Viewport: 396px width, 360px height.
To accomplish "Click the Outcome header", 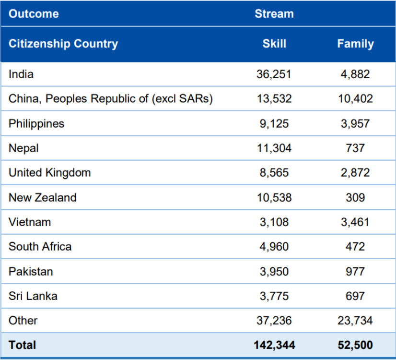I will point(34,13).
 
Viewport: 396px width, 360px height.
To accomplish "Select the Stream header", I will point(274,13).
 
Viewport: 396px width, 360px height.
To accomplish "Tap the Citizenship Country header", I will point(63,44).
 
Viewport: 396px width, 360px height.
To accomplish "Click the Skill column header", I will point(274,44).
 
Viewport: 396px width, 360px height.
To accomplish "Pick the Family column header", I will point(355,44).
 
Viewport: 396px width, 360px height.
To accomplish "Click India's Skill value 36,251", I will point(274,74).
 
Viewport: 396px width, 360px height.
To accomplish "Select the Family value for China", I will point(355,99).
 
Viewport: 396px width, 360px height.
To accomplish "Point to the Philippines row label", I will point(36,123).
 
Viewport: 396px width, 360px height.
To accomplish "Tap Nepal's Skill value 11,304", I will point(274,148).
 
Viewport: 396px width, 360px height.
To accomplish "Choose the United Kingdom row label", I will point(50,173).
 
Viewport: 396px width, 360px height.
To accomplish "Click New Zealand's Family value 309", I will point(355,197).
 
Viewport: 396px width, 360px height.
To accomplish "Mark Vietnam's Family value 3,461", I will point(355,222).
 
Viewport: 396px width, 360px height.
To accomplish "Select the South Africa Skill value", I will point(274,247).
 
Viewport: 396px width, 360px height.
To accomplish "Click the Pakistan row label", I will point(31,271).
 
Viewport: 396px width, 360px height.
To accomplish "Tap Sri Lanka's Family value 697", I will point(355,296).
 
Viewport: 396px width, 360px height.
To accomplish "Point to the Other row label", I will point(23,320).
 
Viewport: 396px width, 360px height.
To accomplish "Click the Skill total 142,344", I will point(274,345).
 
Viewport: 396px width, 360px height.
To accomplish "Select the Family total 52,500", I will point(355,345).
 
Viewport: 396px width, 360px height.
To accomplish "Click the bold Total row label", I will point(22,345).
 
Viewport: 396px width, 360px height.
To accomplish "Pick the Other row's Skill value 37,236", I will point(274,320).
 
